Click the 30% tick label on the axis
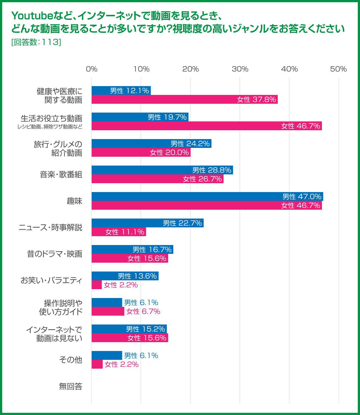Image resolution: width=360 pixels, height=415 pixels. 240,69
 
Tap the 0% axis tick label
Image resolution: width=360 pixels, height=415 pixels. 92,69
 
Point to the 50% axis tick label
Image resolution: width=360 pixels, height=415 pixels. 338,69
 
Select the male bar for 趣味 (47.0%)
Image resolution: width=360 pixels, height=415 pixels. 207,196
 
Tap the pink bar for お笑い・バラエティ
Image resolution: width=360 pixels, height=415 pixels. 97,285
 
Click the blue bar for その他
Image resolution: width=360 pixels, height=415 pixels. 107,355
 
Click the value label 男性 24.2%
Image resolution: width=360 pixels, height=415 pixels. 190,143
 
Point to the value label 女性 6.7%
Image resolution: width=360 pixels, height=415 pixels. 143,311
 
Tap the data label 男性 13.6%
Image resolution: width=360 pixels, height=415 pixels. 137,276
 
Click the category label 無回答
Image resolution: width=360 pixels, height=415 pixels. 71,386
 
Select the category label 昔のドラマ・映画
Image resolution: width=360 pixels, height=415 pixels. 55,254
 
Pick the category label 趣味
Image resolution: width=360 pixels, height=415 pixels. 75,201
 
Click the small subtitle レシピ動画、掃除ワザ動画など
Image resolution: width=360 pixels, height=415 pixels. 50,127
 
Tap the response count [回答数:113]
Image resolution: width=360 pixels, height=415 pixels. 36,42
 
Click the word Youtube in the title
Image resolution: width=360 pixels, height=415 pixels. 32,16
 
